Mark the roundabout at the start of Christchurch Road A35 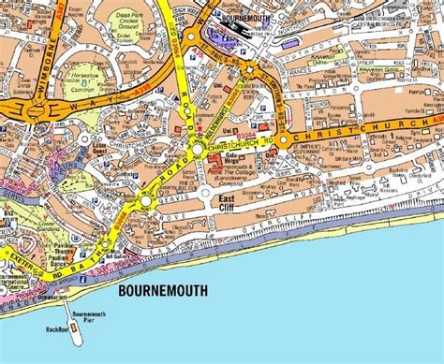click(199, 150)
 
